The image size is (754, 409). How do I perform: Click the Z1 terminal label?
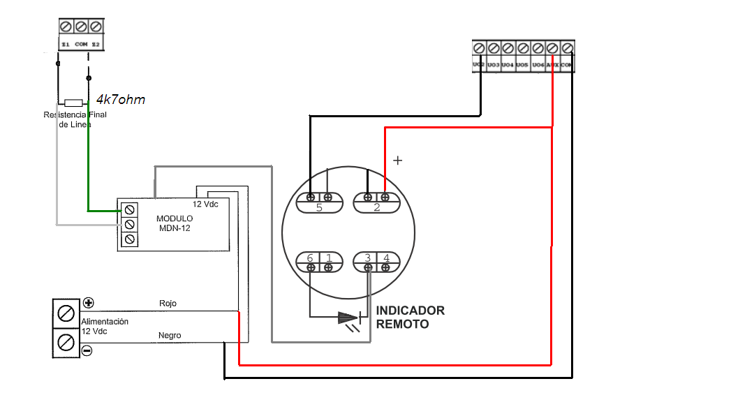tap(65, 44)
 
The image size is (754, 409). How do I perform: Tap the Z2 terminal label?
tap(96, 44)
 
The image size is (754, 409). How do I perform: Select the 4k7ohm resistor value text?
tap(121, 100)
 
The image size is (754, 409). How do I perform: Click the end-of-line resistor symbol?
tap(73, 102)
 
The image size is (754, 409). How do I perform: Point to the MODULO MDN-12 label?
tap(175, 223)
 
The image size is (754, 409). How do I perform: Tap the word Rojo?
tap(168, 304)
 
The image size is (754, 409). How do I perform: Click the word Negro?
tap(170, 336)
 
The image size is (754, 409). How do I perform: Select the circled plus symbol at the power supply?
tap(88, 303)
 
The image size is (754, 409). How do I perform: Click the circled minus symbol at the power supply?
tap(87, 350)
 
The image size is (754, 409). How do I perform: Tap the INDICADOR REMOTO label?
tap(410, 318)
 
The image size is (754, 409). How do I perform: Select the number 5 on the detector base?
tap(319, 207)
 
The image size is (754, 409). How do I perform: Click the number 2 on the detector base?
tap(376, 207)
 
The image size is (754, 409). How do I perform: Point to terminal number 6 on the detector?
tap(311, 258)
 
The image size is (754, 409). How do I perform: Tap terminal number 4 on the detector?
tap(385, 258)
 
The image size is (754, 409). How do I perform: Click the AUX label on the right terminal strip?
tap(552, 65)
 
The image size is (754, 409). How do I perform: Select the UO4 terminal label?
tap(508, 65)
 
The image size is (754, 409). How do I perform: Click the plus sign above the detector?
tap(398, 161)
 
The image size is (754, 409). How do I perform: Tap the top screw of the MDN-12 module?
tap(129, 209)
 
